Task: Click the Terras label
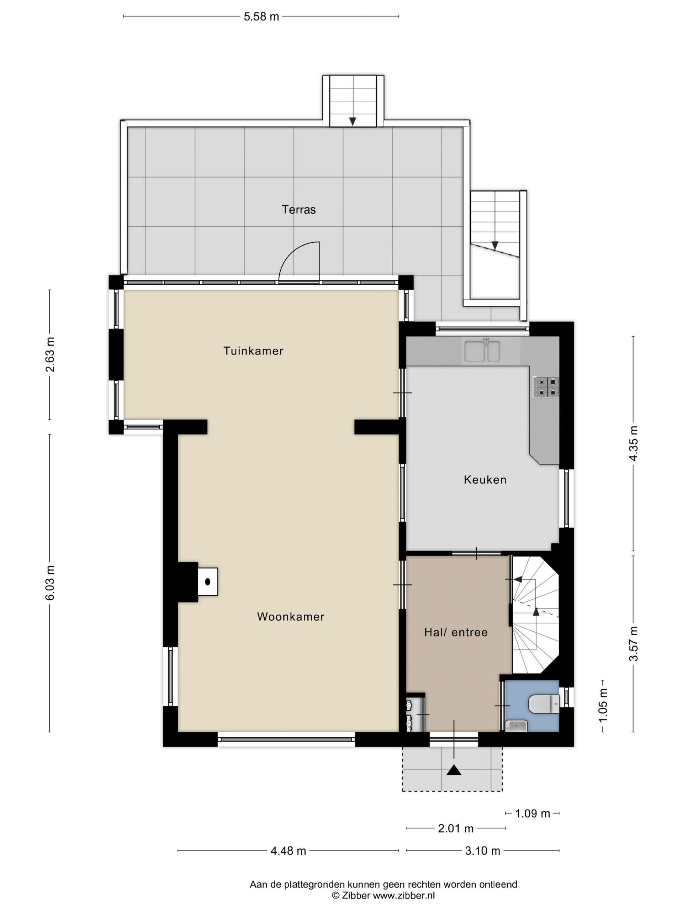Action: pos(298,210)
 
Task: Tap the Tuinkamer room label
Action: pos(253,351)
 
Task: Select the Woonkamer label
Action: pos(291,617)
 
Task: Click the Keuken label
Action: pos(485,479)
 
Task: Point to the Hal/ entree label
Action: pos(456,632)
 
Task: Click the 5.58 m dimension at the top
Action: pos(261,16)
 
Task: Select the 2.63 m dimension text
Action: pos(50,354)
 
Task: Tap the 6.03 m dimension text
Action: pos(50,583)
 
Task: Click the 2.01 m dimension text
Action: pos(456,828)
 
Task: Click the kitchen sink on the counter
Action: pos(482,351)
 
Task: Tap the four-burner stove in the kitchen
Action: pos(546,387)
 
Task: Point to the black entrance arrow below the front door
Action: pos(454,769)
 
